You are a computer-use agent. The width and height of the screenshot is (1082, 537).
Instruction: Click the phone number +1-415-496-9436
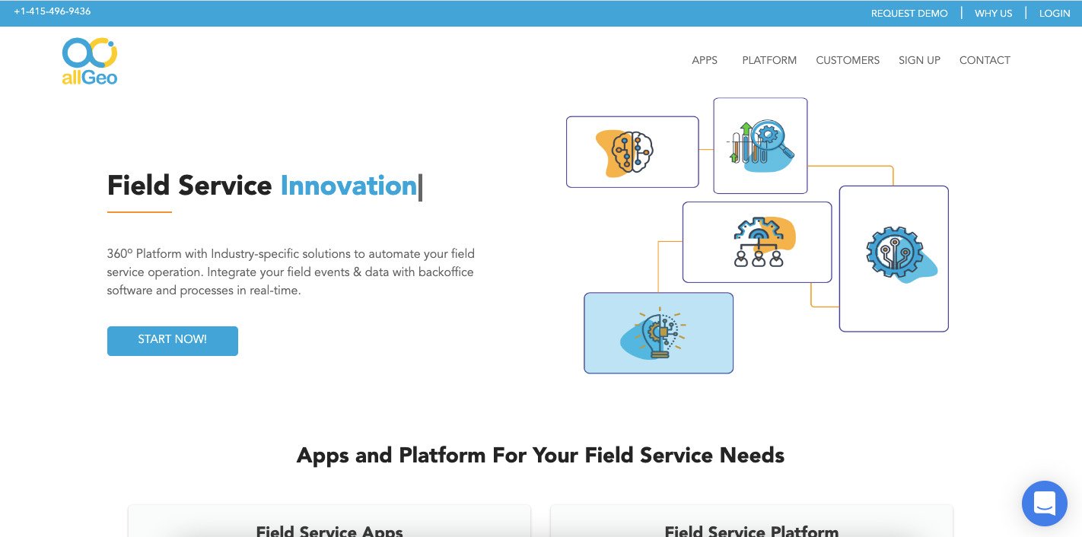click(x=53, y=11)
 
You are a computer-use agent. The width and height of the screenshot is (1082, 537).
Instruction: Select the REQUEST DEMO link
click(x=909, y=14)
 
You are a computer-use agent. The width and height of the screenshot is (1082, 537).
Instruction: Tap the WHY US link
click(x=993, y=14)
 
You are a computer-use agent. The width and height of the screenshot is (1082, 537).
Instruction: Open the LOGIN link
click(x=1055, y=14)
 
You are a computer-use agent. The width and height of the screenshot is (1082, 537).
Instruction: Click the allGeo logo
click(x=90, y=62)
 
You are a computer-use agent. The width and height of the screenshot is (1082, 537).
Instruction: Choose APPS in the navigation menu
click(x=705, y=60)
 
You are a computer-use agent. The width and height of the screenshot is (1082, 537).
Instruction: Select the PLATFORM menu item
click(x=769, y=60)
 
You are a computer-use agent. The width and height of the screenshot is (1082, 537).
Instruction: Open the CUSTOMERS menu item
click(x=847, y=60)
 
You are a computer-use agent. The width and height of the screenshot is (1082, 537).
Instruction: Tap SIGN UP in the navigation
click(x=919, y=60)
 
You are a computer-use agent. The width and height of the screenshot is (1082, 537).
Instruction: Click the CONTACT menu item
click(x=985, y=60)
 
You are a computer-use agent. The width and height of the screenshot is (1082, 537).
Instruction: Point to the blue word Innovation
click(x=348, y=186)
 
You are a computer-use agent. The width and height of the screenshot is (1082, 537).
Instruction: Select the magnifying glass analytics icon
click(x=761, y=144)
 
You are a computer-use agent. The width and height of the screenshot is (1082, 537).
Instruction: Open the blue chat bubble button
click(x=1044, y=504)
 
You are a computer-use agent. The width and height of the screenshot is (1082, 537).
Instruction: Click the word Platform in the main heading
click(x=442, y=455)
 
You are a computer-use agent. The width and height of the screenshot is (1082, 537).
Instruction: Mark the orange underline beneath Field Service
click(x=139, y=211)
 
